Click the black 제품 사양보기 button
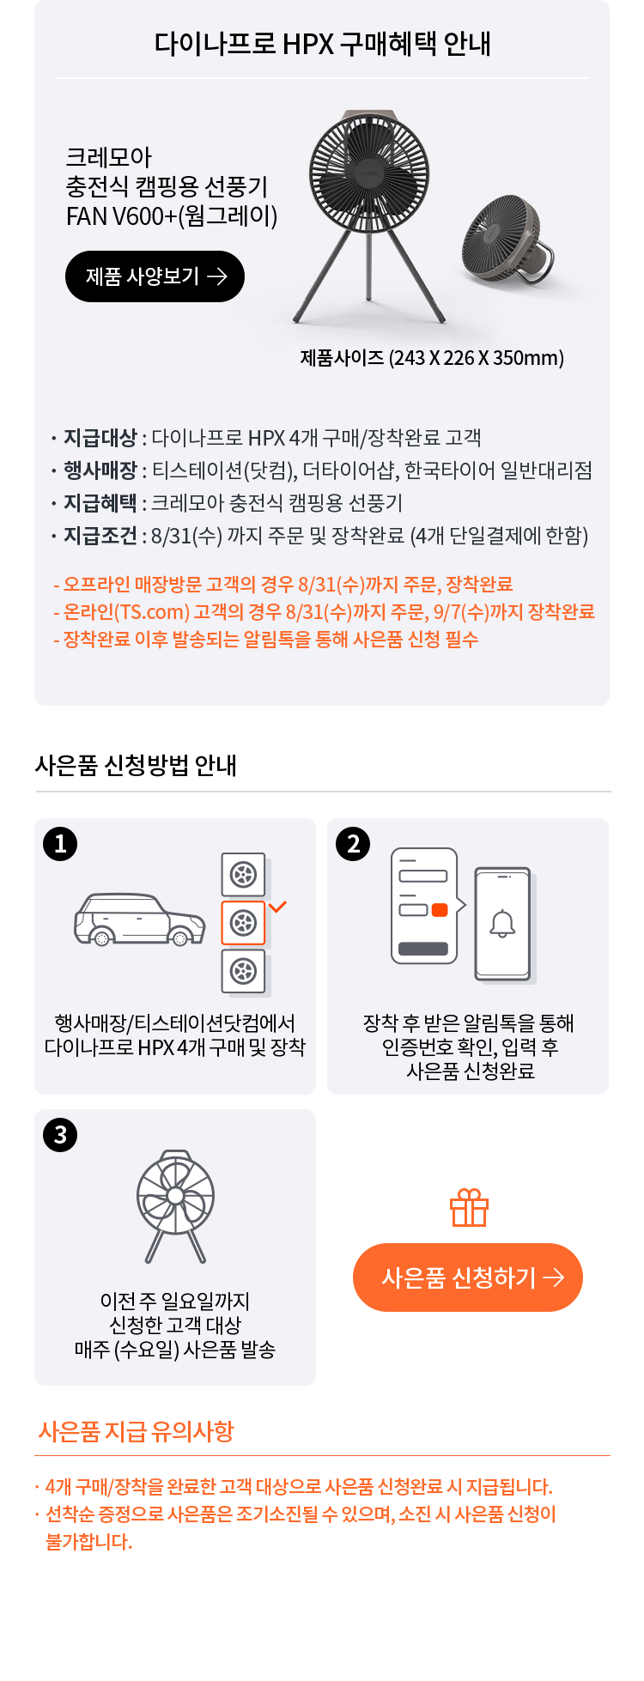coord(155,276)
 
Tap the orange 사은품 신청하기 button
coord(468,1277)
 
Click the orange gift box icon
coord(469,1207)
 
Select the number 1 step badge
coord(60,844)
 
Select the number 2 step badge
coord(353,844)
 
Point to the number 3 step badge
coord(60,1135)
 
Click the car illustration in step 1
coord(140,919)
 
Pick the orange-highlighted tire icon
coord(244,923)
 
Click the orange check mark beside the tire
coord(277,907)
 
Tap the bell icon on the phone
coord(502,924)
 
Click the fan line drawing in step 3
coord(175,1206)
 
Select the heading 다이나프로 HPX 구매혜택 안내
coord(322,44)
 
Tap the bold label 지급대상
coord(100,438)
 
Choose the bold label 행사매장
coord(100,470)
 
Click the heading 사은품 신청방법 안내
coord(136,765)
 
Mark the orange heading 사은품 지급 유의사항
coord(136,1431)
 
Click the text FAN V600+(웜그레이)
coord(172,215)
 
